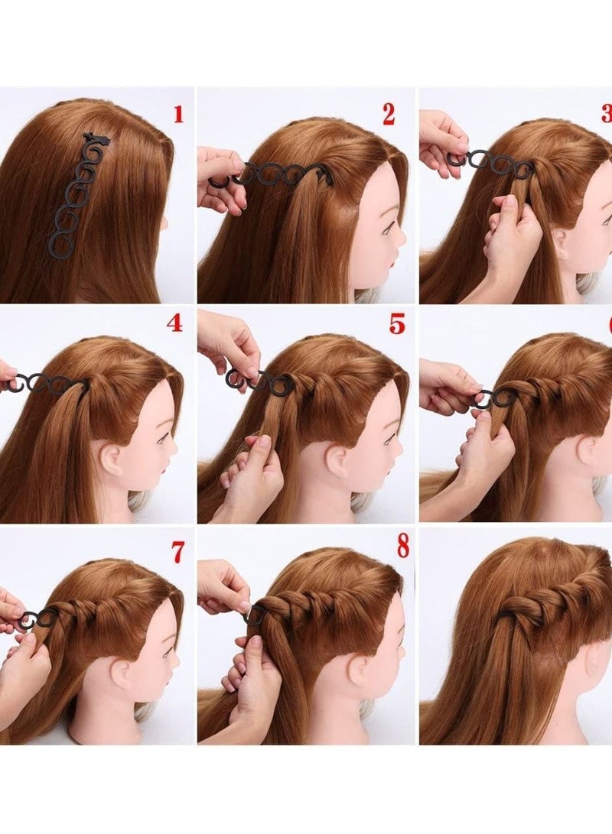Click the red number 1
tap(178, 115)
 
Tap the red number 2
tap(389, 115)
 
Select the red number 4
tap(174, 323)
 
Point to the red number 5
tap(396, 323)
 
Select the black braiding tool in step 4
tap(46, 383)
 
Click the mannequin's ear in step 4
tap(109, 458)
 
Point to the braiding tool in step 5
tap(260, 381)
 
